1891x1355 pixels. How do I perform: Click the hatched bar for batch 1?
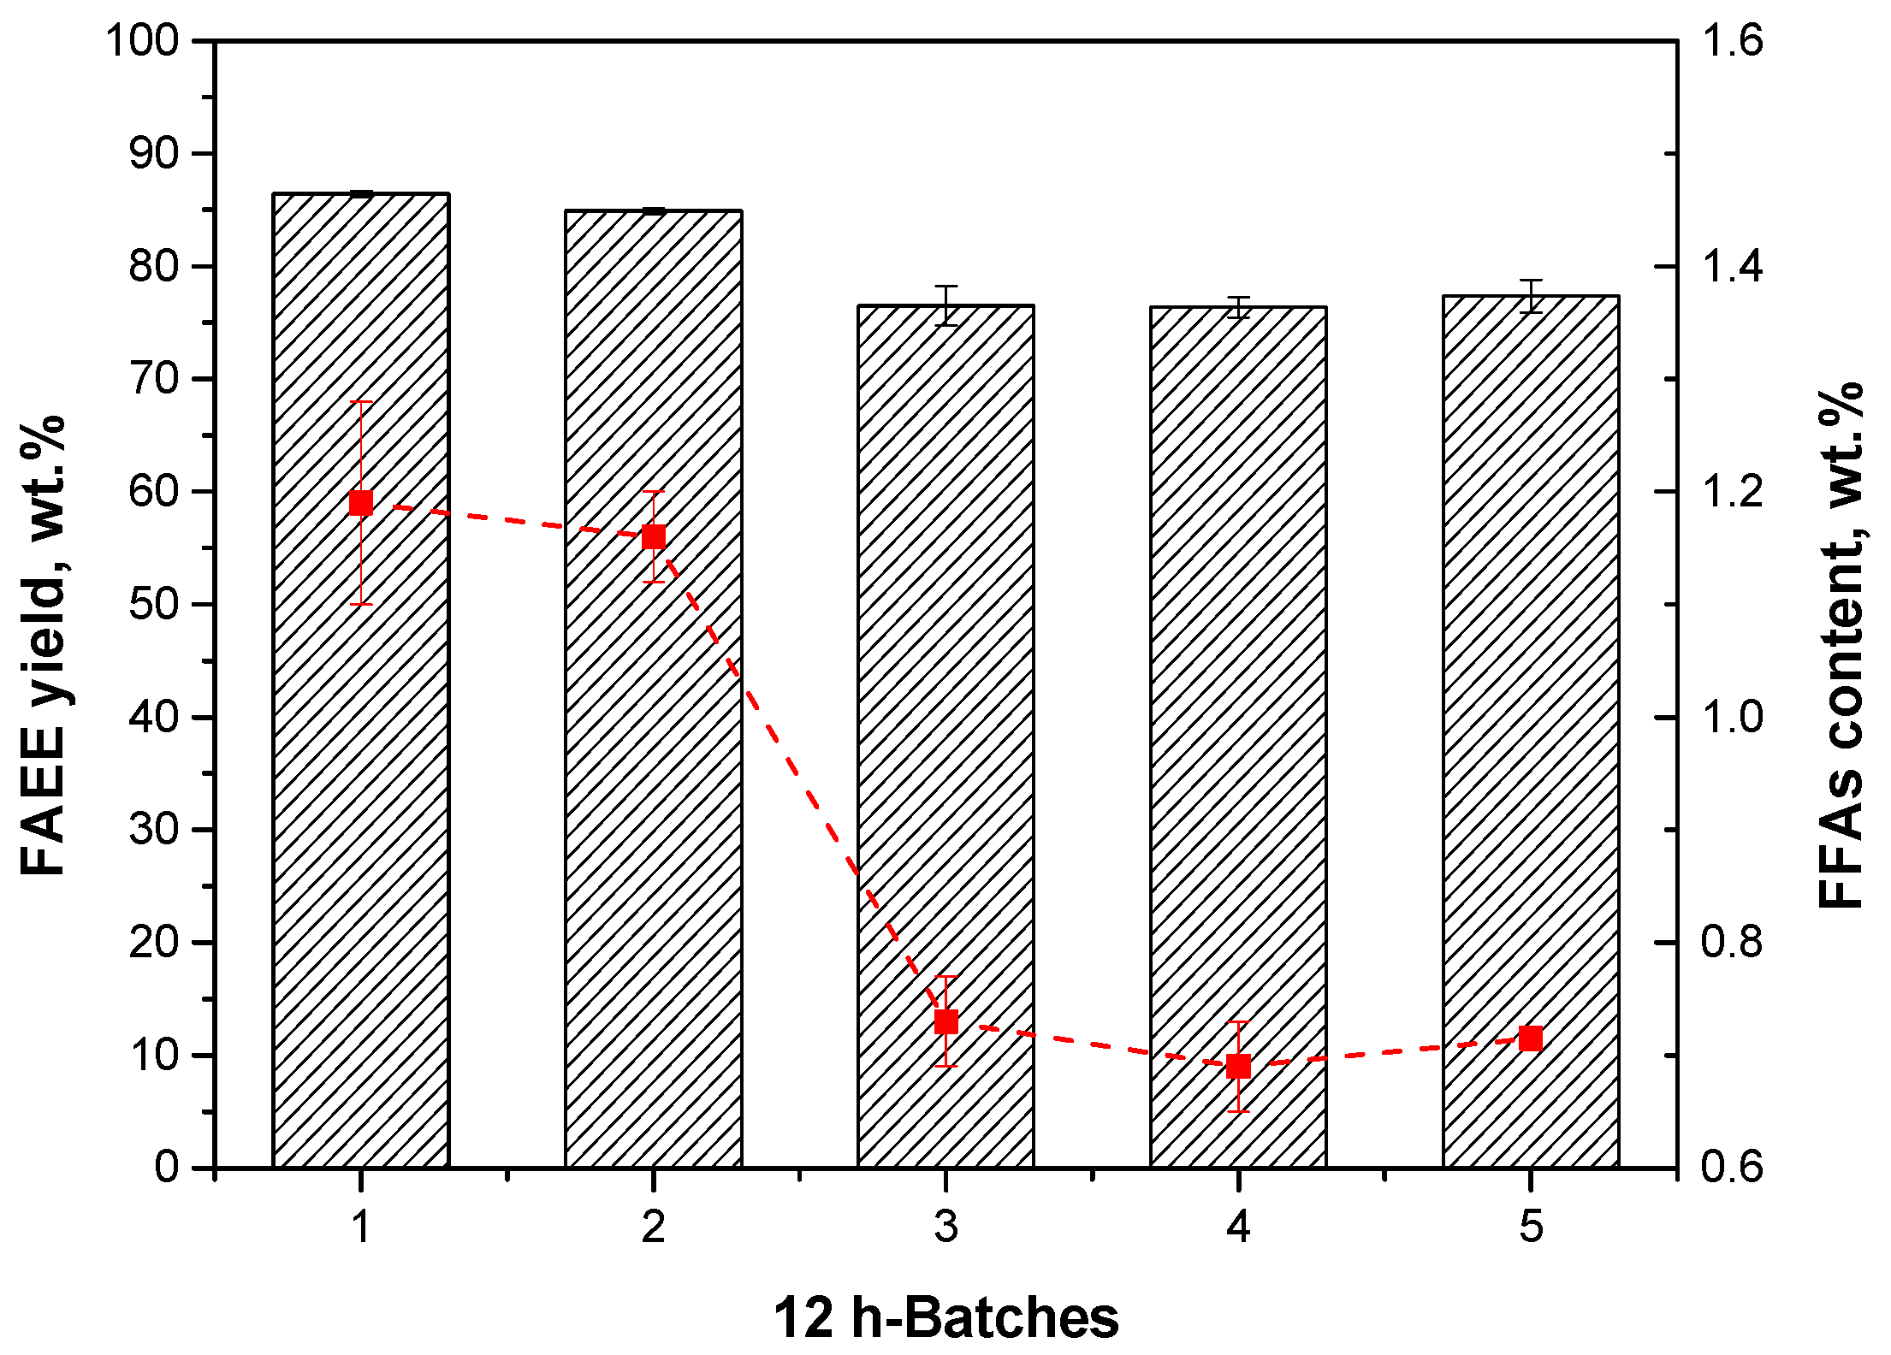point(360,770)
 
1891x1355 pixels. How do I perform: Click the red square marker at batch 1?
point(361,503)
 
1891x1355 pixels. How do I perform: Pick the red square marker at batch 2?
point(654,537)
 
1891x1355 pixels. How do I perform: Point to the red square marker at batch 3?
point(945,1021)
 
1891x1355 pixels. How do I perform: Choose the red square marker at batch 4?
point(1238,1067)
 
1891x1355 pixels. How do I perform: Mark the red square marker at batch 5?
point(1531,1038)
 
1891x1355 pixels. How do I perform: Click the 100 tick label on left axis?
point(142,40)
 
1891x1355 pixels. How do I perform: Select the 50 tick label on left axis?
point(154,604)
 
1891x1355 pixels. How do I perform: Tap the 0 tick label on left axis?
point(167,1168)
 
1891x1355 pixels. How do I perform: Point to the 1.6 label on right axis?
point(1732,40)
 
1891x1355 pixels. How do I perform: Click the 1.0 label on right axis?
point(1732,717)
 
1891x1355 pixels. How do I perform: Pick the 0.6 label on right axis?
point(1732,1168)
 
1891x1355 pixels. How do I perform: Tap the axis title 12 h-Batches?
point(945,1317)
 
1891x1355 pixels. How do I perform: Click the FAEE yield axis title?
point(43,646)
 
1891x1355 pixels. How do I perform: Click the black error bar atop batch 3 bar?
point(945,305)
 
